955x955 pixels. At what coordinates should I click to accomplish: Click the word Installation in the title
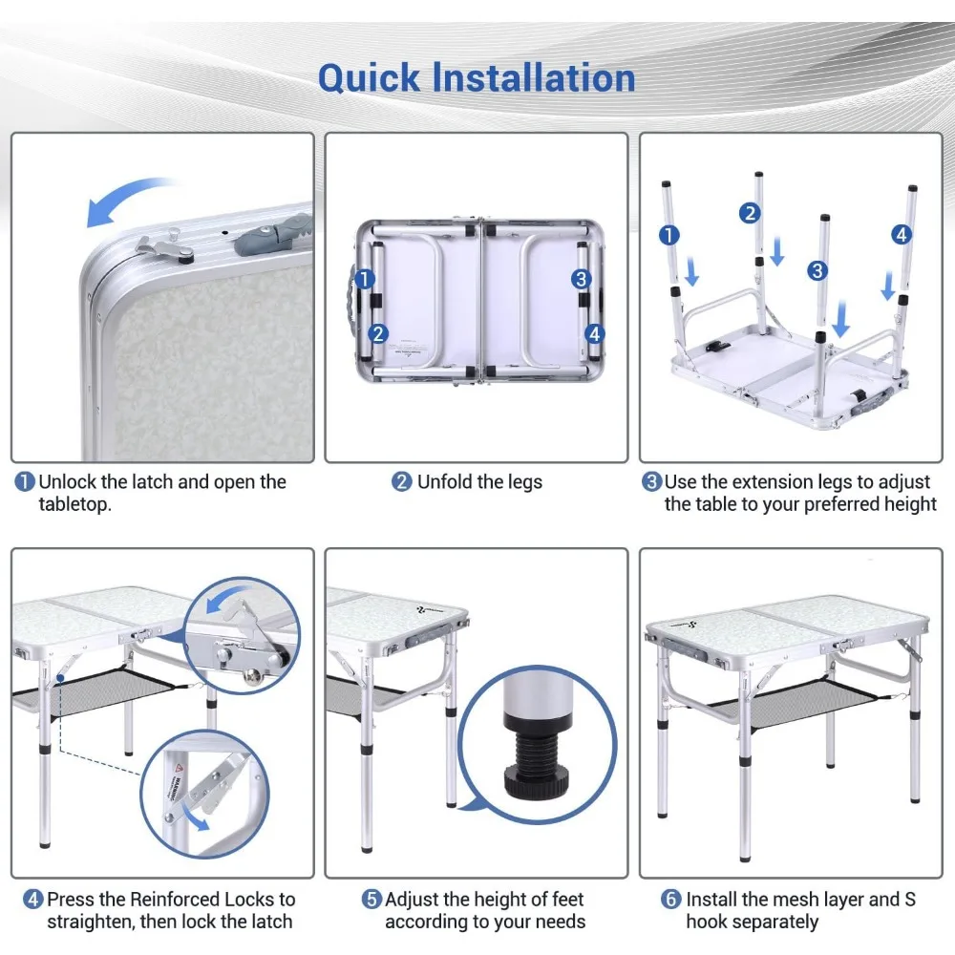click(x=534, y=78)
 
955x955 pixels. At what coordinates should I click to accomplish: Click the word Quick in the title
click(x=369, y=78)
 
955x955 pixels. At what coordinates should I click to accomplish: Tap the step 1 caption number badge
click(x=25, y=481)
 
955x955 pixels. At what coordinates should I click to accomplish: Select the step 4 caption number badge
click(x=32, y=899)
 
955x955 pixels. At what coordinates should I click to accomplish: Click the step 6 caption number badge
click(x=671, y=899)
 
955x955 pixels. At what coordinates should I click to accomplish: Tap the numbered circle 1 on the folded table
click(x=364, y=279)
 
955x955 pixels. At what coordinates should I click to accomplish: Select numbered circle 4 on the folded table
click(x=595, y=333)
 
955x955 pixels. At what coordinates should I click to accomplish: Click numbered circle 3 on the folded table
click(x=581, y=279)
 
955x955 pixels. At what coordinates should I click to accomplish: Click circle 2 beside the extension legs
click(x=750, y=213)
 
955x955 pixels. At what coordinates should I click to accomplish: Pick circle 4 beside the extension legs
click(x=902, y=235)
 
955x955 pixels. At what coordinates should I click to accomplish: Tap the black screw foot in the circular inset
click(x=537, y=762)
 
